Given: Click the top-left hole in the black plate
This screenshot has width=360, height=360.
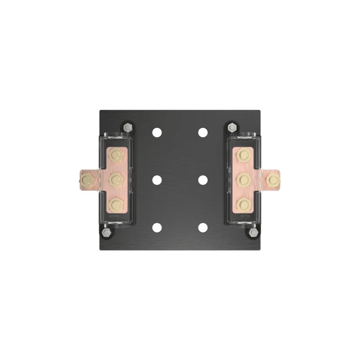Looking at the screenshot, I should tap(157, 132).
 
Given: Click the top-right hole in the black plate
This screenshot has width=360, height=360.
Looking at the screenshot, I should tap(203, 132).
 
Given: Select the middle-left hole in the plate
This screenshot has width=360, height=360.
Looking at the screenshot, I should tap(157, 180).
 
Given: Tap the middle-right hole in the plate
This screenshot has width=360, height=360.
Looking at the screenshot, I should tap(203, 180).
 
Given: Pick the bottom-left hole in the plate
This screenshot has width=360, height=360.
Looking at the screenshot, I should tap(157, 228).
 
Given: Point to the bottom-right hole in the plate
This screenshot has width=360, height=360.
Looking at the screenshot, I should tap(203, 228).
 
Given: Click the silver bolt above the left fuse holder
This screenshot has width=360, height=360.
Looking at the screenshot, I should tap(128, 128).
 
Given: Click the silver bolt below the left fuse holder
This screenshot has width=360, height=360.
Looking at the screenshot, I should tap(106, 233).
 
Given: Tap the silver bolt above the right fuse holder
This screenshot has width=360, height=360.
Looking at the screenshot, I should tap(232, 127).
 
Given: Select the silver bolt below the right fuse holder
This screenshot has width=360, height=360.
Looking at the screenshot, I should tap(254, 233).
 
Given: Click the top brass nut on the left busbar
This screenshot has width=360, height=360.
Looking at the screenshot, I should tap(117, 156).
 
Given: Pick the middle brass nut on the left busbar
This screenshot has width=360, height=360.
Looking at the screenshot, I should tap(117, 180).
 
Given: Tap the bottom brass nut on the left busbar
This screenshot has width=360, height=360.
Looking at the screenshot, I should tap(117, 205).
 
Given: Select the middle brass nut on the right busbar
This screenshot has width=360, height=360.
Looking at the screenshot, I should tap(243, 180).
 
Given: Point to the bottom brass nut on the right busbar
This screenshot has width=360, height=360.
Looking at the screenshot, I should tap(243, 205).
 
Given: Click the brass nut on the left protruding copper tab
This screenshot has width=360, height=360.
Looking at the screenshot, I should tap(87, 180).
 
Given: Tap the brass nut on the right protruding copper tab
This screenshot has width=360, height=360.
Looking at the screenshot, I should tap(273, 180).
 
